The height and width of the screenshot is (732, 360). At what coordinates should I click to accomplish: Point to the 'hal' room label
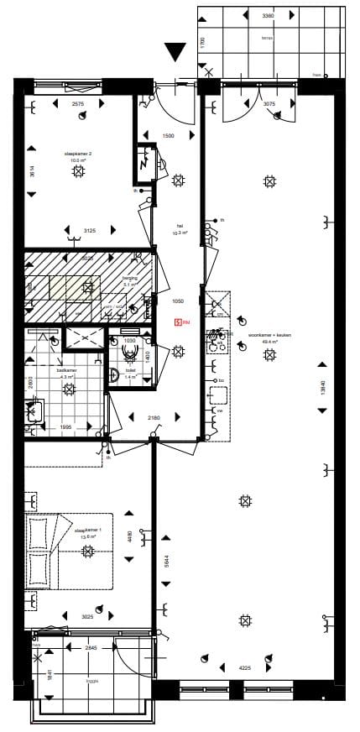(x=179, y=225)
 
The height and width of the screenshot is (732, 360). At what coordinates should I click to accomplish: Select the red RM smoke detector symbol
(x=178, y=322)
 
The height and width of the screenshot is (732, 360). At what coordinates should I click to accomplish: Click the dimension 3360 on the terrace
(x=269, y=16)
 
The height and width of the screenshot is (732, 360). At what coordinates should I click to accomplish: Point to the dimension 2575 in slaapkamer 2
(x=78, y=104)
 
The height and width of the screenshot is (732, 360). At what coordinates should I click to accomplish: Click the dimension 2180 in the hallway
(x=154, y=418)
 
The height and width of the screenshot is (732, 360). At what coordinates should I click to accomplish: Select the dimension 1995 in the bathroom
(x=66, y=426)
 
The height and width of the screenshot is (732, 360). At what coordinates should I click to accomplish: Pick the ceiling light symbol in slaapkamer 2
(x=79, y=171)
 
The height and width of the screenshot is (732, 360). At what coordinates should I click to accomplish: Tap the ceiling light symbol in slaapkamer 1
(x=87, y=551)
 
